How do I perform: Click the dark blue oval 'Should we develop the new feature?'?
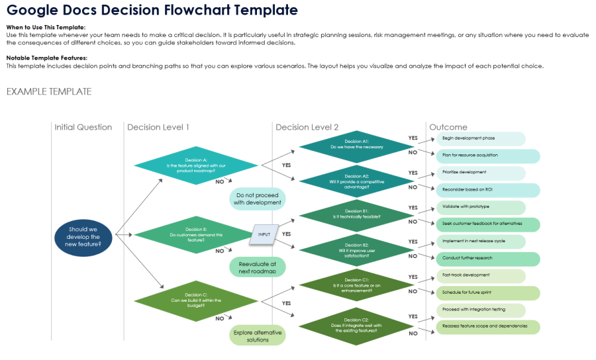(84, 237)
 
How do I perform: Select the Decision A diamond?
(196, 165)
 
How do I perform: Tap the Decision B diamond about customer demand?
(196, 234)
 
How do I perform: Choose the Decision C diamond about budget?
(196, 302)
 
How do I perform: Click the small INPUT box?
(264, 234)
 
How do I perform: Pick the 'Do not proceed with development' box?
(258, 199)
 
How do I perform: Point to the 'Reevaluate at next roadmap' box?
(258, 267)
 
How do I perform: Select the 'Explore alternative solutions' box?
(258, 336)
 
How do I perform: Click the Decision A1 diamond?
(356, 145)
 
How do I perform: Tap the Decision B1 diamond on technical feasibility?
(356, 214)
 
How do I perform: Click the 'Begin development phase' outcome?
(480, 139)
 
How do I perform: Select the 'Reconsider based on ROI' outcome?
(487, 190)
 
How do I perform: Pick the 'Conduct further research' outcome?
(487, 258)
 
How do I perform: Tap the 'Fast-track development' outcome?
(480, 275)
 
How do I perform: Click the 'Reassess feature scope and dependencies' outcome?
(487, 326)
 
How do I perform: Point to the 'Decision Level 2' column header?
(307, 127)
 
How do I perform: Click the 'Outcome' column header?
(448, 127)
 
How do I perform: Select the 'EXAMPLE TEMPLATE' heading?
(49, 91)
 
